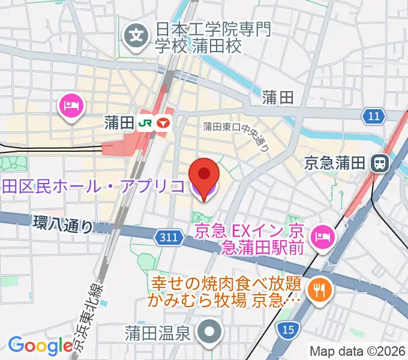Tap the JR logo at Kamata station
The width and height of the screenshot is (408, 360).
pyautogui.click(x=145, y=123)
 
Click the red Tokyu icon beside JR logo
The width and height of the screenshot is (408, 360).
pyautogui.click(x=163, y=123)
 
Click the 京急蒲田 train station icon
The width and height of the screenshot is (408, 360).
pyautogui.click(x=379, y=162)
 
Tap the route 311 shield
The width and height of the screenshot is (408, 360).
pyautogui.click(x=169, y=238)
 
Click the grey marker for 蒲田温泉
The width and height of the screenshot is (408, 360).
pyautogui.click(x=210, y=331)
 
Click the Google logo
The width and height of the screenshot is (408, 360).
pyautogui.click(x=40, y=345)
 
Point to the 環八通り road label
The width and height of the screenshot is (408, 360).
pyautogui.click(x=63, y=225)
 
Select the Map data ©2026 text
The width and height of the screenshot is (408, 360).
pyautogui.click(x=358, y=351)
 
